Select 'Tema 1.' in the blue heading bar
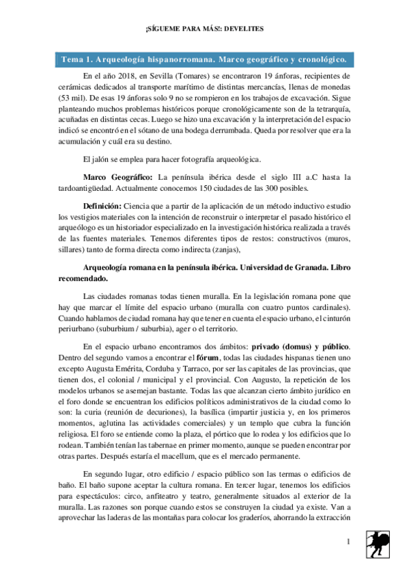click(x=79, y=60)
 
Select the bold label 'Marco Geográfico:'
click(x=117, y=178)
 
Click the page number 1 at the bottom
click(x=348, y=542)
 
